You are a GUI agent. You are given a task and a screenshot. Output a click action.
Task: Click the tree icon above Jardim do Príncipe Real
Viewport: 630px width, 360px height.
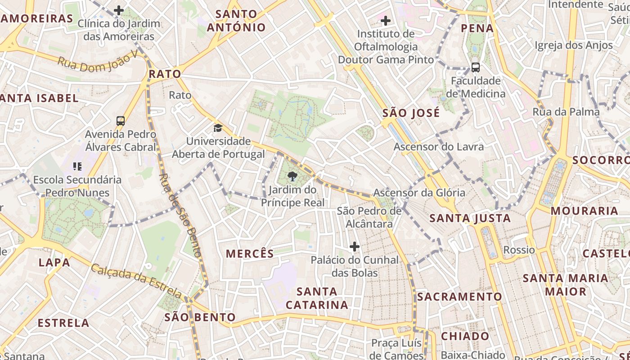pos(292,176)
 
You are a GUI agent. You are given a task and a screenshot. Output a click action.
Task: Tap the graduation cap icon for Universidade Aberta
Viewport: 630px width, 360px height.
pos(218,128)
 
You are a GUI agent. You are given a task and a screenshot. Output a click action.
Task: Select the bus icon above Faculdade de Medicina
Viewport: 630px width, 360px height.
pos(475,67)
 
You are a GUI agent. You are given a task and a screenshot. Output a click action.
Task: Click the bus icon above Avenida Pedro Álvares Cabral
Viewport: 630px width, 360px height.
pos(120,121)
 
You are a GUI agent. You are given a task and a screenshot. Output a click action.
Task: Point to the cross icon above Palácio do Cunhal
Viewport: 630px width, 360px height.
pos(355,247)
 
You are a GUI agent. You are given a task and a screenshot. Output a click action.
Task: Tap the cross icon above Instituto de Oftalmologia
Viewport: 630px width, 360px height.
pos(385,20)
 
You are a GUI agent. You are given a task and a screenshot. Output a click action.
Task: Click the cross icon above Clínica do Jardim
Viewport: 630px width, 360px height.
pos(119,10)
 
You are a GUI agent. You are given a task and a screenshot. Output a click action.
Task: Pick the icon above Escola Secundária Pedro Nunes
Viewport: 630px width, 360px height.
pos(77,166)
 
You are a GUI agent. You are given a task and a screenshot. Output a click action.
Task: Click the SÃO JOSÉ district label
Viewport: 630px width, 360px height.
pos(411,113)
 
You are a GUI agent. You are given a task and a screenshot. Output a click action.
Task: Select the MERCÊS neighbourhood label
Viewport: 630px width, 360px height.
pos(250,254)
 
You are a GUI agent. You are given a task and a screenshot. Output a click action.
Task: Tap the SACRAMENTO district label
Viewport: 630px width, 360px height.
pos(459,297)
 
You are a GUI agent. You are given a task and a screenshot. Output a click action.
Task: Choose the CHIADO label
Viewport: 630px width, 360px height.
pos(465,336)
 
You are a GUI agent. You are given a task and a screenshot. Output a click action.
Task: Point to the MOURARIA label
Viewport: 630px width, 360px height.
pos(584,211)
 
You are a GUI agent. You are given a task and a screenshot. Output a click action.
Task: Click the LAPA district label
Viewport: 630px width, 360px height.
pos(54,262)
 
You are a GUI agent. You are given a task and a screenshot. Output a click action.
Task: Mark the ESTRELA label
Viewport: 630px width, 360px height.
pos(63,323)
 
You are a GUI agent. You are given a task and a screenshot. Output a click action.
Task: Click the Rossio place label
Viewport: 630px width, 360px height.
pos(519,250)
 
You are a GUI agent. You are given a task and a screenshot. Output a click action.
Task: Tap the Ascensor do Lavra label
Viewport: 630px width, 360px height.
pos(439,147)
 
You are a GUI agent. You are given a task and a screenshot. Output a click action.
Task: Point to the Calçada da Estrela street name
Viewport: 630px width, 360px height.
pos(137,281)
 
